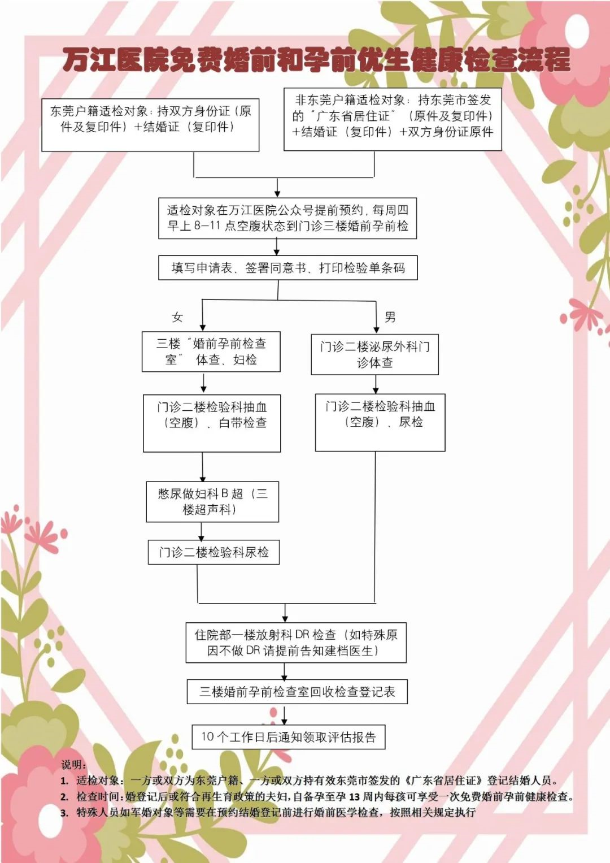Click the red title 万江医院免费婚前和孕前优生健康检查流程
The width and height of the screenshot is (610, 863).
pos(316,60)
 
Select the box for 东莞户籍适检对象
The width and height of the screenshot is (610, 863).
pos(150,125)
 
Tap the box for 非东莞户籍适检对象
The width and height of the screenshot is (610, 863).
pos(393,119)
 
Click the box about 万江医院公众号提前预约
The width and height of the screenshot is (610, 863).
pos(287,218)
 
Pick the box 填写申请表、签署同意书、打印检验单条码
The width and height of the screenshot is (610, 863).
pos(287,268)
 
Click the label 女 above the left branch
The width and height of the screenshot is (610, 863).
pos(177,317)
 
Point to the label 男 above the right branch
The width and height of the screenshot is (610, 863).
pos(390,316)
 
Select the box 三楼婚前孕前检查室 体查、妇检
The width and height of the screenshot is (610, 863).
pos(211,352)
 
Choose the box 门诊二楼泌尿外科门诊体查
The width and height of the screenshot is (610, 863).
pos(374,354)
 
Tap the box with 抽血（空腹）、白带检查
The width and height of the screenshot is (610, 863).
pos(212,423)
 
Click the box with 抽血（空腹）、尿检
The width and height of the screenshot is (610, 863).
pos(380,422)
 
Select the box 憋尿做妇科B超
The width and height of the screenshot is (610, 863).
pos(212,501)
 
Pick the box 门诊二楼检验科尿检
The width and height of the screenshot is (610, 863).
pos(213,552)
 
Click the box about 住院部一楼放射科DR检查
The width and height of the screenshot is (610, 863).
pos(296,643)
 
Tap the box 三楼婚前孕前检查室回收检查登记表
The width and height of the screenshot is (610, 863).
pos(297,692)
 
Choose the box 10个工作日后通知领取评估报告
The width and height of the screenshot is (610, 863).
pos(289,737)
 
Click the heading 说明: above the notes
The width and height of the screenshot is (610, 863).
pos(73,765)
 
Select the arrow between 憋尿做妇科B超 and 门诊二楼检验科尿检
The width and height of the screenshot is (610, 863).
pos(202,531)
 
